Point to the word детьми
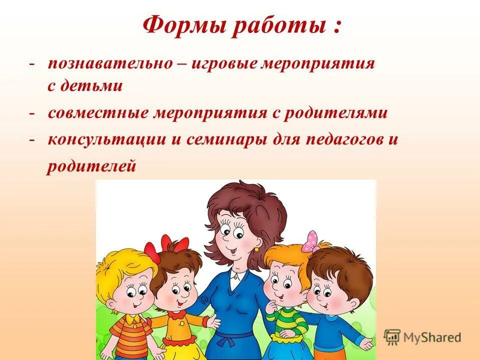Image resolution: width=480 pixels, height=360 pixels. [91, 86]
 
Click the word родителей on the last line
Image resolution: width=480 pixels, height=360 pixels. [91, 166]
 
